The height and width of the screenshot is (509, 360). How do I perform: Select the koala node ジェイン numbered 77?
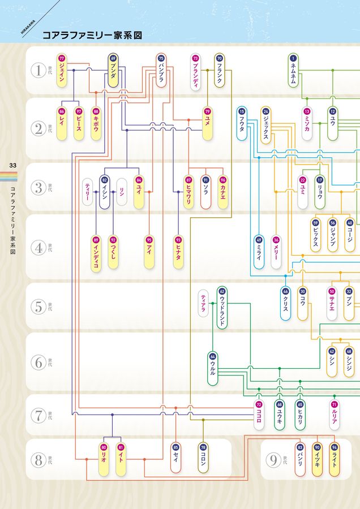pos(62,70)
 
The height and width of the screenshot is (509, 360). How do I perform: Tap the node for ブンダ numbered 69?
pos(113,70)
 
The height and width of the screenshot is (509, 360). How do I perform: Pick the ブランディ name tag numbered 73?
pos(195,71)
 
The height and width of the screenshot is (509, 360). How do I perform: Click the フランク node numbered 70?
pos(220,71)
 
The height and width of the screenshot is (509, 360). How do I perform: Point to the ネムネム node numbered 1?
pos(293,70)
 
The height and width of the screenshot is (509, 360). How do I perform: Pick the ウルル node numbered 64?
pos(212,369)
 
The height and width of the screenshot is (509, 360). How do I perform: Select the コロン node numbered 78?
pos(203,458)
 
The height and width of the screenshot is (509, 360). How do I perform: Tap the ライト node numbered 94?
pos(335,458)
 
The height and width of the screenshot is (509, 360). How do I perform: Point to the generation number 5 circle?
pos(38,307)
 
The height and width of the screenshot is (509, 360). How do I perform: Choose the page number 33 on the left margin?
pos(12,165)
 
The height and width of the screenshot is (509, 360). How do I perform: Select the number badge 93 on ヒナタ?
pos(178,239)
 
